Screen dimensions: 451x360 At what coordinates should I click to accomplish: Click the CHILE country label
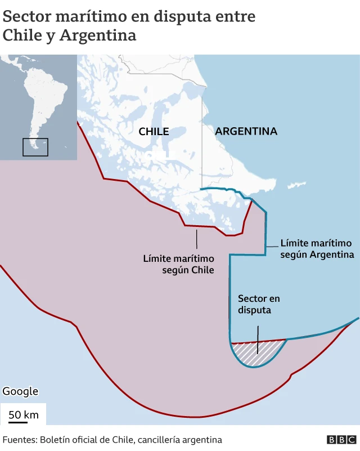click(x=154, y=131)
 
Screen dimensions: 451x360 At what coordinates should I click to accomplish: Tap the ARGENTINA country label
click(x=246, y=131)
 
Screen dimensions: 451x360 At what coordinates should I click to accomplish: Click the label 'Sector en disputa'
click(x=259, y=304)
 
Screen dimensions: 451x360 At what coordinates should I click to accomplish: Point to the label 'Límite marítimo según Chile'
click(x=179, y=264)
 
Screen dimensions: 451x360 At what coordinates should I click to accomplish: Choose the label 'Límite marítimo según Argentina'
click(x=316, y=249)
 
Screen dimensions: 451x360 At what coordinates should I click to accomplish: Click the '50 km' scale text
click(x=23, y=415)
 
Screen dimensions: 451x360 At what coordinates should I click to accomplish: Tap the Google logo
click(x=20, y=391)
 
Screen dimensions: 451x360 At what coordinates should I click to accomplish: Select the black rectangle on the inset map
click(x=35, y=147)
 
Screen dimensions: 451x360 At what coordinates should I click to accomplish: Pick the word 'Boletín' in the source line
click(x=58, y=440)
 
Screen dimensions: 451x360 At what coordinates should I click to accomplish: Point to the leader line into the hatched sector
click(x=258, y=338)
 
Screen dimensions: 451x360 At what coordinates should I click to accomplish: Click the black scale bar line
click(x=23, y=422)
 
